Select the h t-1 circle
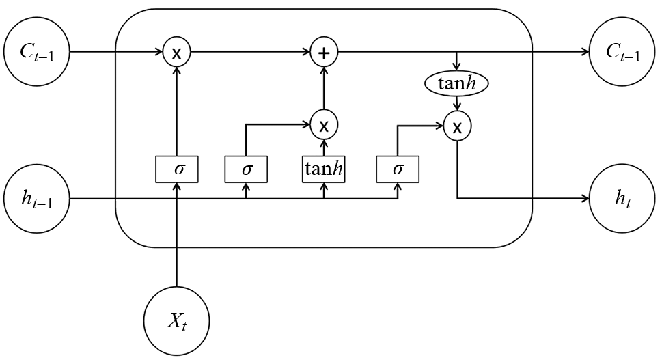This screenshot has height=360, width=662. (x=37, y=199)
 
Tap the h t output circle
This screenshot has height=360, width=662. (x=622, y=199)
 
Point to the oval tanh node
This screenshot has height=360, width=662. (x=456, y=83)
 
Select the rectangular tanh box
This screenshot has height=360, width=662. (x=324, y=169)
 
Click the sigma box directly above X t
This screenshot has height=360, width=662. (x=176, y=169)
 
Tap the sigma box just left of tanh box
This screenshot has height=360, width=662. (x=246, y=169)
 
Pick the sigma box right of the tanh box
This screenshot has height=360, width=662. (x=398, y=169)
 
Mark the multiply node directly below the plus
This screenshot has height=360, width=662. (x=324, y=125)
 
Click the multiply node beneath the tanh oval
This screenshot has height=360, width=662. (x=456, y=126)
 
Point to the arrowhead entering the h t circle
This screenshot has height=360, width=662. (x=585, y=199)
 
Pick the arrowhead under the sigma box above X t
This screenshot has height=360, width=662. (x=176, y=187)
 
